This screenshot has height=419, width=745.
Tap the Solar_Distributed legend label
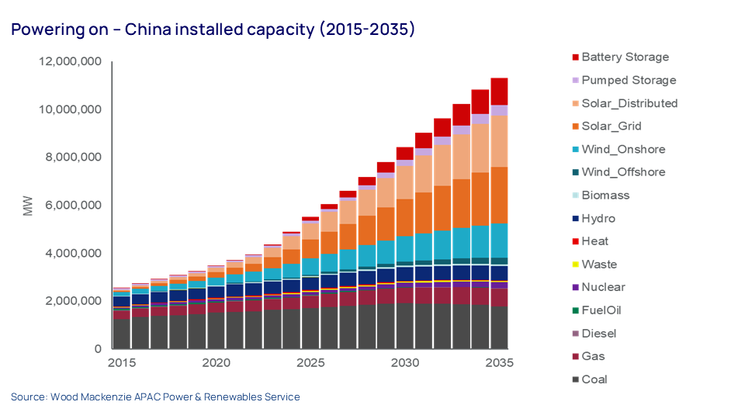(x=629, y=103)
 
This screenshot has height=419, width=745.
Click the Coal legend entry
(x=594, y=379)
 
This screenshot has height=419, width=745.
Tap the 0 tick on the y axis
(x=98, y=349)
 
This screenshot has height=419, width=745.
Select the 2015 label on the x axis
(x=122, y=362)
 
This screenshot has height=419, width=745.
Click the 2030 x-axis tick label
(x=404, y=362)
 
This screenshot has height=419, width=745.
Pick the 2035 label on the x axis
(x=499, y=362)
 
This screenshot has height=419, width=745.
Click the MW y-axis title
(x=28, y=206)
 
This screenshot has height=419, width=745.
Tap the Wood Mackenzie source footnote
(x=155, y=396)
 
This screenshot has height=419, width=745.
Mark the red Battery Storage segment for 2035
(x=499, y=91)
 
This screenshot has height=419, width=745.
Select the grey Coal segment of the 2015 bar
(x=122, y=334)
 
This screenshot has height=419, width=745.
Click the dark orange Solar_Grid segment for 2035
(x=499, y=195)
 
